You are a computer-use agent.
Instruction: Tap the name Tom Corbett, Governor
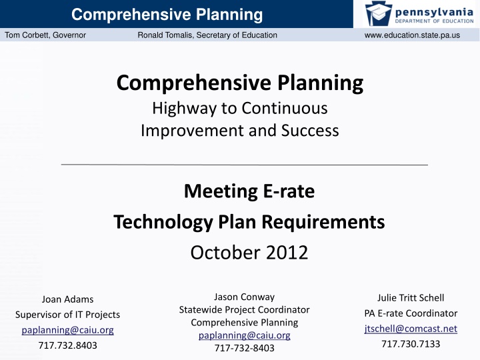pos(45,35)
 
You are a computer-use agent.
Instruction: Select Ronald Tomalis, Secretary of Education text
pos(207,35)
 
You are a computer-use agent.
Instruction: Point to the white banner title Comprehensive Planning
pos(167,14)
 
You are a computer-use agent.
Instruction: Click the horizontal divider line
pos(244,164)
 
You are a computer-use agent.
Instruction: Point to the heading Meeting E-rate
pos(249,192)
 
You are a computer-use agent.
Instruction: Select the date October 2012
pos(249,253)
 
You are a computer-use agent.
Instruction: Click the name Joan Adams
pos(67,299)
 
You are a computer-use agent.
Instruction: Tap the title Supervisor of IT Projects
pos(67,314)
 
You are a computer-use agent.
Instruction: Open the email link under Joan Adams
pos(67,329)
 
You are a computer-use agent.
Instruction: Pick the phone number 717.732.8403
pos(67,345)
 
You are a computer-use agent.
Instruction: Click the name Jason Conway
pos(244,297)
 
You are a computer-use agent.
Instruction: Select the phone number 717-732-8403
pos(244,347)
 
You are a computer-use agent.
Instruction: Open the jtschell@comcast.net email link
pos(411,329)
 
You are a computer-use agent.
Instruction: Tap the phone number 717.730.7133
pos(411,344)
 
